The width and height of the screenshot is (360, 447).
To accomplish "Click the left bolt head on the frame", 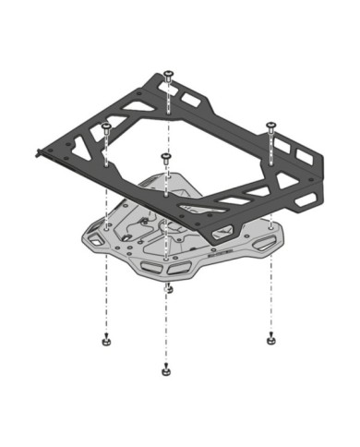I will click(x=107, y=124).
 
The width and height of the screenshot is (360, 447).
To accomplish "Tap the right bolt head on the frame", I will click(x=271, y=123).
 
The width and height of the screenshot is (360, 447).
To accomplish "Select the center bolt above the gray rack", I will click(x=165, y=156).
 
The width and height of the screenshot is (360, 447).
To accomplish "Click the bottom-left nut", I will click(x=107, y=339).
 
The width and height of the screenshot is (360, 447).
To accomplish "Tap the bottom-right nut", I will click(x=270, y=336).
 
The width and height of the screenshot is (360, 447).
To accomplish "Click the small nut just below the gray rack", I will click(x=167, y=289).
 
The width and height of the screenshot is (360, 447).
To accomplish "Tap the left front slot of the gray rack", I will click(x=150, y=268).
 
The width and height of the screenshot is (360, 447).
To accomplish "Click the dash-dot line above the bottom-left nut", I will click(x=107, y=296).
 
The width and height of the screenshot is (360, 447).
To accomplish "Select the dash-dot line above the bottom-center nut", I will click(x=165, y=332).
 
